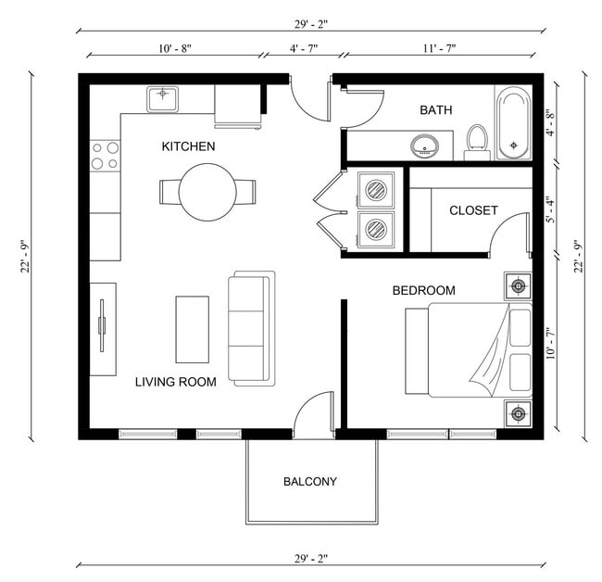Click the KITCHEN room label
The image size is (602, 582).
188,146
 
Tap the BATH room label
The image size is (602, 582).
435,110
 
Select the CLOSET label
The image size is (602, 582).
473,210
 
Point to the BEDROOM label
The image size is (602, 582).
423,291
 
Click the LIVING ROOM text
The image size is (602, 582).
175,382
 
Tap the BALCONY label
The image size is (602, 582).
309,482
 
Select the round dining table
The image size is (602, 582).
207,192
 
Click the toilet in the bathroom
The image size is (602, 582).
477,141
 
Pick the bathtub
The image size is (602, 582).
512,124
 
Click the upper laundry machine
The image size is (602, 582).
377,191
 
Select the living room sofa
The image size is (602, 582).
252,328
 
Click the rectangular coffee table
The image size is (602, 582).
193,329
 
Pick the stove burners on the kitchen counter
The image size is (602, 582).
106,155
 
